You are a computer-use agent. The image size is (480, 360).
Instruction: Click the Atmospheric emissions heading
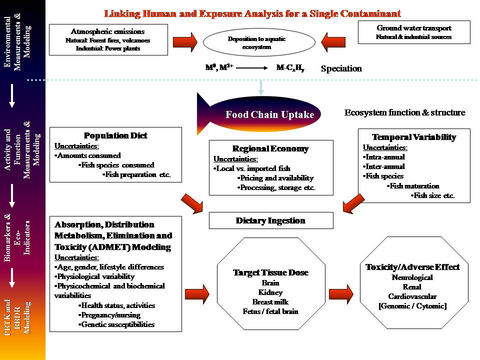(x=108, y=31)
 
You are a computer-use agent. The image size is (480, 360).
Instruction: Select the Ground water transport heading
(x=414, y=28)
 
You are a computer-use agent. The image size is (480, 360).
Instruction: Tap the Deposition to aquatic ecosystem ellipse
(x=256, y=43)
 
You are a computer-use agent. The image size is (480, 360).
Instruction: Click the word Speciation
(x=341, y=68)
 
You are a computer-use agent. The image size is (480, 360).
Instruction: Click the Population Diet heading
(x=115, y=135)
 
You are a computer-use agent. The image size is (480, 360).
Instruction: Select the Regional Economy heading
(x=270, y=148)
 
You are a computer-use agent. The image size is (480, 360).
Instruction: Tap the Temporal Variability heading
(x=414, y=137)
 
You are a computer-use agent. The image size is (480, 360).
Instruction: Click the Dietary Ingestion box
(x=270, y=220)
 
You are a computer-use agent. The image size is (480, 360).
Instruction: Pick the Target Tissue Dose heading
(x=270, y=272)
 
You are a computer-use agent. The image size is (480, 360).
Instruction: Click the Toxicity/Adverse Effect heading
(x=412, y=267)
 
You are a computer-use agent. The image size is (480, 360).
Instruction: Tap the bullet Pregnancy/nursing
(x=109, y=315)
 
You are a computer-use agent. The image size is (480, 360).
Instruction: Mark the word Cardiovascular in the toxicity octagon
(x=412, y=296)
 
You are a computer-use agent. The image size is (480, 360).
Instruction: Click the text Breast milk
(x=270, y=301)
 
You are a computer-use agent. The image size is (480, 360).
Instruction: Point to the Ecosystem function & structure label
(x=404, y=112)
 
